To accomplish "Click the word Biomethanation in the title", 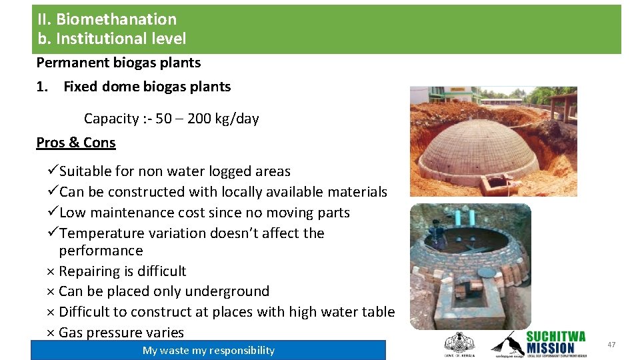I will point(116,19).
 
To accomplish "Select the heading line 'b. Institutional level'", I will point(111,39).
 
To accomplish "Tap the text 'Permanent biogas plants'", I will point(118,63).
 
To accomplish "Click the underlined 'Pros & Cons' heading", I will point(76,143).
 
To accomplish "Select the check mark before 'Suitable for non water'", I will point(53,171).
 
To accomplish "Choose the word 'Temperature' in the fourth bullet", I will point(99,233).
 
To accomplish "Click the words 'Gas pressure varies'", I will point(121,332).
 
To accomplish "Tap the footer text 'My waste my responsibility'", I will point(208,351).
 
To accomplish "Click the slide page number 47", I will point(611,345).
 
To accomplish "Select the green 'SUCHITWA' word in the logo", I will point(555,336).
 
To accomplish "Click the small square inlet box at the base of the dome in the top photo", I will point(497,182).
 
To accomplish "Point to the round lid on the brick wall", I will point(487,273).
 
